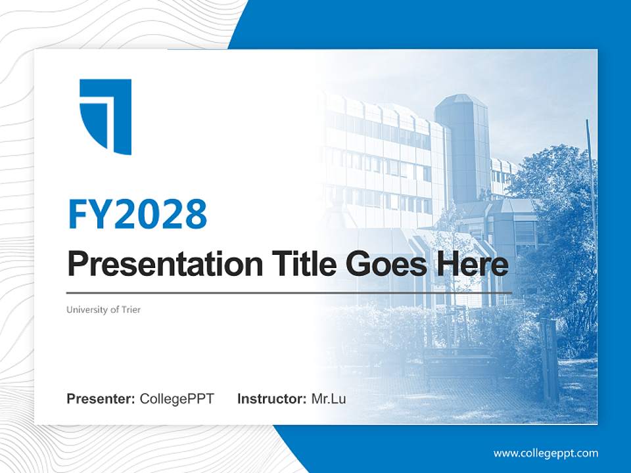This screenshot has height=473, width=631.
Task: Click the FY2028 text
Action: tap(137, 214)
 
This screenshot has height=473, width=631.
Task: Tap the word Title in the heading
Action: tap(300, 264)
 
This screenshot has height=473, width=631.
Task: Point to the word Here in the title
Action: tap(477, 264)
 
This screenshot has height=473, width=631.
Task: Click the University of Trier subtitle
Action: tap(103, 309)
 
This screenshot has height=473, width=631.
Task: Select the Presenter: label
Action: tap(101, 399)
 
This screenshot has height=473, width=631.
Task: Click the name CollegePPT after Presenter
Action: tap(177, 399)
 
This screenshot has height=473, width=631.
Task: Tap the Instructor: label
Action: tap(271, 399)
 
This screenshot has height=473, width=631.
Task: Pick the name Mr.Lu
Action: tap(329, 399)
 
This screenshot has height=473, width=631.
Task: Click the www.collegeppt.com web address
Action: tap(546, 453)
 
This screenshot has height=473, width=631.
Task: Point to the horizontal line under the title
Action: tap(289, 293)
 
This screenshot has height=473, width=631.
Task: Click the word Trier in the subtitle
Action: tap(130, 309)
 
